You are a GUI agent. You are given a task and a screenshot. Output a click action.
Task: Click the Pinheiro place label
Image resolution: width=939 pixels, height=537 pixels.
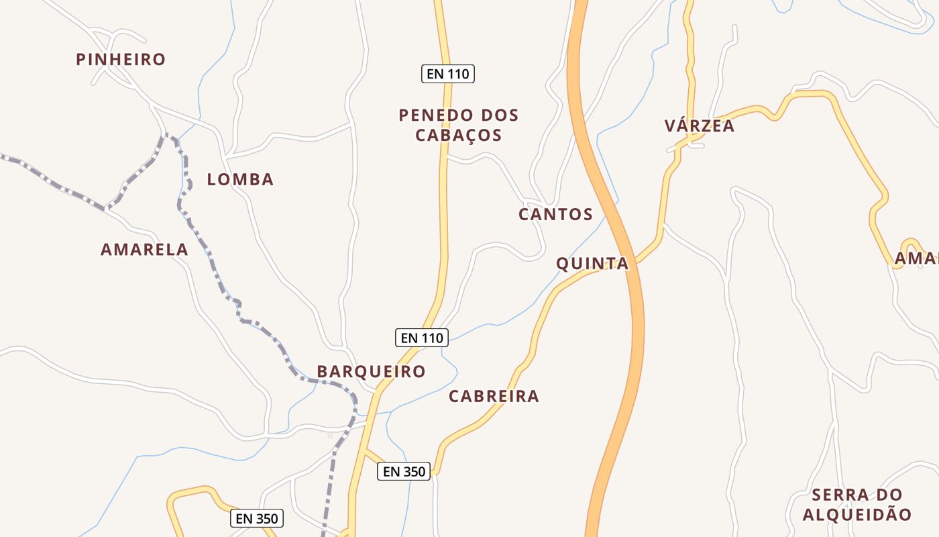coord(121,59)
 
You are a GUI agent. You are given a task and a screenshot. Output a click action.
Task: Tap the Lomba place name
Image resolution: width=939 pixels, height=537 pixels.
coord(240,179)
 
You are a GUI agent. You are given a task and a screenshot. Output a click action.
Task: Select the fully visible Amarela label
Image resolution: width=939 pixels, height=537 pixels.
coord(144,250)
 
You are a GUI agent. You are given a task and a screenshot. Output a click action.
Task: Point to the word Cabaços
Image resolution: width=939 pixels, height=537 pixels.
coord(458,135)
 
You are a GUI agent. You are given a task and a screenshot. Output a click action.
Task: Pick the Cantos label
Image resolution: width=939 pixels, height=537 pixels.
coord(555,214)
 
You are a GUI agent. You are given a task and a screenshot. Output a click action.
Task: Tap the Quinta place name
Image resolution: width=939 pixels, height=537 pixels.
coord(592,264)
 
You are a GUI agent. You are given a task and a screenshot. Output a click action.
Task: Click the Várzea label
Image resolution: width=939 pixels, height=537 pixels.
coord(700,126)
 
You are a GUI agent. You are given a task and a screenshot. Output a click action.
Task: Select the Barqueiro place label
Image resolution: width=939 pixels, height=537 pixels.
coord(371,371)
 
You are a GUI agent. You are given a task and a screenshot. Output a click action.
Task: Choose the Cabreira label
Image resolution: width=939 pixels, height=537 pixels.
coord(494,396)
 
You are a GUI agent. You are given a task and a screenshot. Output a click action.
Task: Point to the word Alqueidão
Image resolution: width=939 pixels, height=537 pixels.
coord(857,515)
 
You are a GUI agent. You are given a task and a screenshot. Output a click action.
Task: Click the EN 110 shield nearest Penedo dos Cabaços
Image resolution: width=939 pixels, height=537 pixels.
coord(448,74)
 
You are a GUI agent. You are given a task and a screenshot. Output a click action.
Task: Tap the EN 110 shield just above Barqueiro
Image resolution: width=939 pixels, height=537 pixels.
coord(421,338)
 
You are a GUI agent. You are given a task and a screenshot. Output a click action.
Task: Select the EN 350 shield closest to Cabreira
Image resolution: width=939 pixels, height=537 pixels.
coord(404,472)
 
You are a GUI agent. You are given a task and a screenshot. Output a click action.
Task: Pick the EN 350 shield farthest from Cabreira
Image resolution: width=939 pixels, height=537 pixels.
coord(257,518)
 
